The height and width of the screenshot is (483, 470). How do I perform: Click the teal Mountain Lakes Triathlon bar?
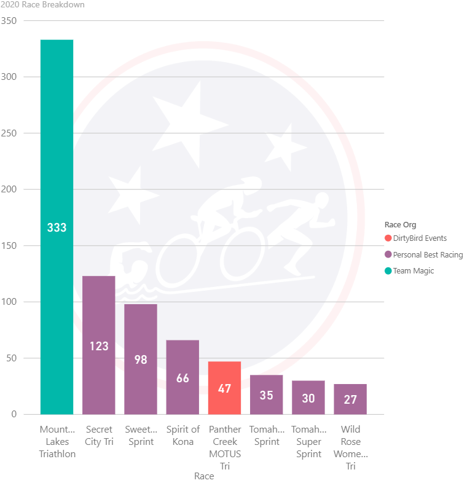tap(57, 154)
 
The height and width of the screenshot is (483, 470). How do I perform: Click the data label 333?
tap(57, 227)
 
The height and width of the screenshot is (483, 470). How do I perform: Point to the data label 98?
tap(141, 359)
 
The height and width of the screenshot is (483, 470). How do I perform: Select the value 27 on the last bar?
tap(350, 399)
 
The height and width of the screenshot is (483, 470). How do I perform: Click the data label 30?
tap(308, 398)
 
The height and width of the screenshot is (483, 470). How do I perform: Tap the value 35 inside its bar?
tap(266, 395)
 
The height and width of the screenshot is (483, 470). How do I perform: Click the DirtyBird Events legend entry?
tap(419, 238)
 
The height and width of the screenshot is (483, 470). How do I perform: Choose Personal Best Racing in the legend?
tap(427, 254)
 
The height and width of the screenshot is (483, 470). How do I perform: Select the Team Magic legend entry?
tap(413, 271)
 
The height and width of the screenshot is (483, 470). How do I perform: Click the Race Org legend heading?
tap(400, 225)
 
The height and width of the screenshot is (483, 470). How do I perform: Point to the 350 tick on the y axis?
tap(9, 21)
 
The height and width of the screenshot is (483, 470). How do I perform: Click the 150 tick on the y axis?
tap(9, 246)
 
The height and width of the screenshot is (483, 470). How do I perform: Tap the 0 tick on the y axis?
tap(14, 414)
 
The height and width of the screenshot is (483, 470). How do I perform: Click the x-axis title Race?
tap(204, 476)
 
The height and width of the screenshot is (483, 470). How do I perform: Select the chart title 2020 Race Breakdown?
tap(43, 5)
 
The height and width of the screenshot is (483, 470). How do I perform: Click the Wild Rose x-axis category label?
tap(350, 447)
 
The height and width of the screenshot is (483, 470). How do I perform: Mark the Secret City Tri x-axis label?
tap(99, 435)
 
